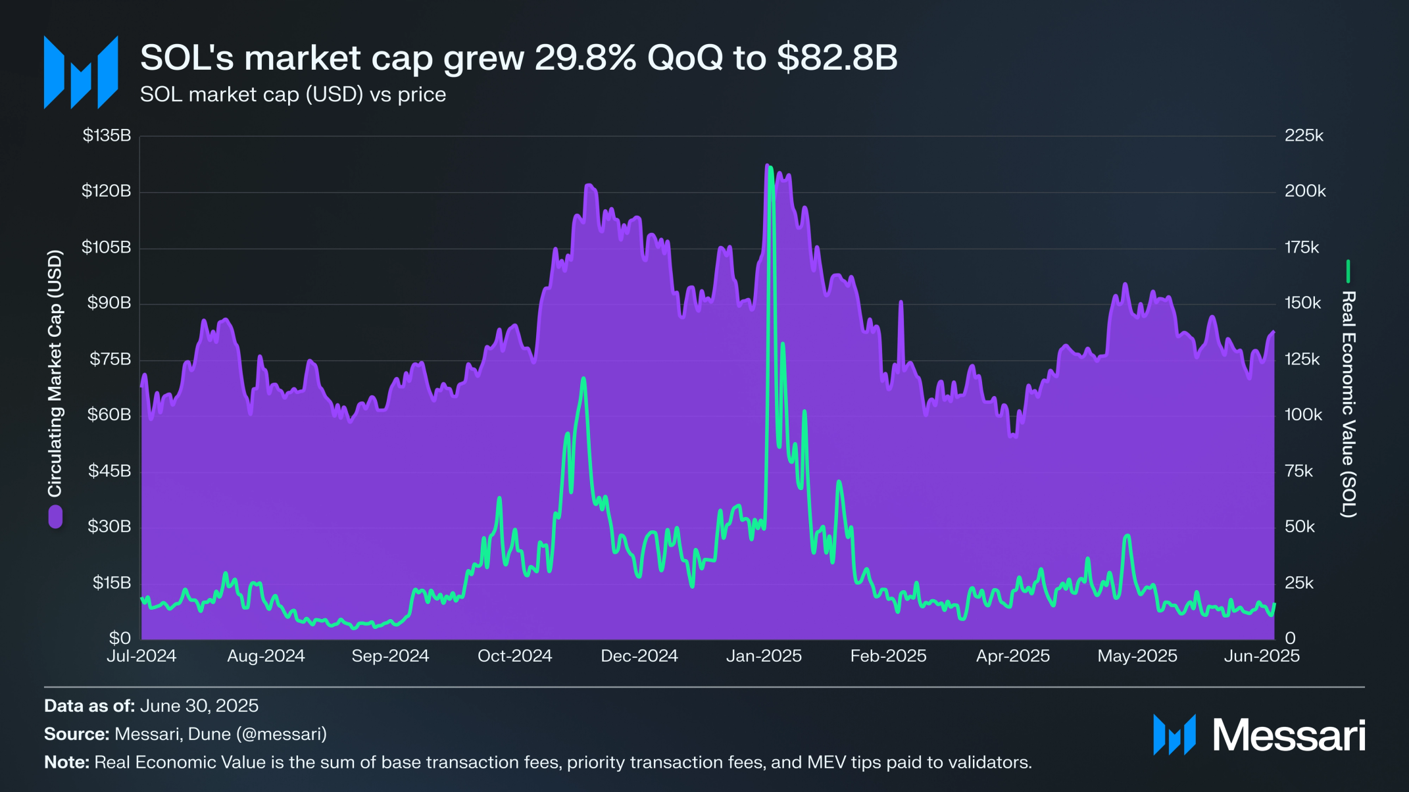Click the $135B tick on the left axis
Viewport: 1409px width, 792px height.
coord(107,136)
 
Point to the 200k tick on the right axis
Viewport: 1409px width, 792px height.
coord(1305,191)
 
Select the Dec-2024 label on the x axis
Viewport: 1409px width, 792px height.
coord(639,656)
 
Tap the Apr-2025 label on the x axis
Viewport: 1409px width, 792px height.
coord(1012,656)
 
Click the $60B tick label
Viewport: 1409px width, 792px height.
coord(109,415)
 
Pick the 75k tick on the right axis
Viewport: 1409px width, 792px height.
coord(1299,471)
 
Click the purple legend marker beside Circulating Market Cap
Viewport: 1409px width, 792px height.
coord(55,517)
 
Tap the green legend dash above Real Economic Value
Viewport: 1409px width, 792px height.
coord(1348,272)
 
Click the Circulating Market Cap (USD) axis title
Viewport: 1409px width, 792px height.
coord(55,374)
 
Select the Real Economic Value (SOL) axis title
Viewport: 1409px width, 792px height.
coord(1348,404)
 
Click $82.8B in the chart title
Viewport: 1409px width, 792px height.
coord(837,58)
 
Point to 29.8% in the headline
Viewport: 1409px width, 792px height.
coord(585,58)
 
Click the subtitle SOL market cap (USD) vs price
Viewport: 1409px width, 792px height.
coord(293,95)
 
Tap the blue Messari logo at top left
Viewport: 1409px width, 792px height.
coord(81,72)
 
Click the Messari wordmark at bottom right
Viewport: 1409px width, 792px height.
coord(1288,735)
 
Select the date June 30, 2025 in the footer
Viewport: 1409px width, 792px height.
coord(199,706)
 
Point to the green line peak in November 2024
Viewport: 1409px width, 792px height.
coord(583,380)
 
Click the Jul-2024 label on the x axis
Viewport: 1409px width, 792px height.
coord(141,656)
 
